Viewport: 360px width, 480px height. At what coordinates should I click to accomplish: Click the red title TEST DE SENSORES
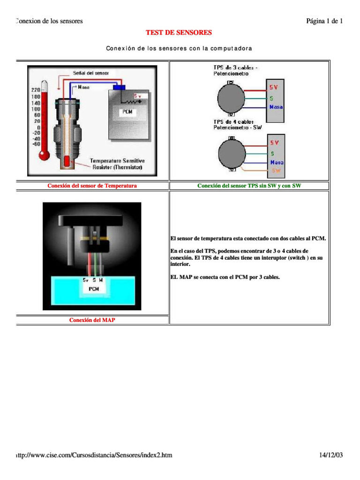tap(179, 32)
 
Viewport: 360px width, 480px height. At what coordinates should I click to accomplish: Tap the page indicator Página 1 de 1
tap(324, 21)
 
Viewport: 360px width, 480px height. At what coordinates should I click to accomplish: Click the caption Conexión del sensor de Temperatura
tap(92, 186)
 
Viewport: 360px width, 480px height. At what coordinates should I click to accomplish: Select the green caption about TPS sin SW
tap(249, 186)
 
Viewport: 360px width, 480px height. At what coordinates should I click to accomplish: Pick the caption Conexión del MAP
tap(92, 320)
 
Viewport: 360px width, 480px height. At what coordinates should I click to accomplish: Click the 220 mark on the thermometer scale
tap(36, 90)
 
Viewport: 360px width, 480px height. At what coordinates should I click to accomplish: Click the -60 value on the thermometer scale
tap(35, 144)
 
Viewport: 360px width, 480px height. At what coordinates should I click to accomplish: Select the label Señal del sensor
tap(90, 73)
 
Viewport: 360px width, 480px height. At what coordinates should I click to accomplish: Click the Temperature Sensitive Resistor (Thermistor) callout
tap(117, 164)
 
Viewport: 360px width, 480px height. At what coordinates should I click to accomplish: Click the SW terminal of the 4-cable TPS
tap(276, 171)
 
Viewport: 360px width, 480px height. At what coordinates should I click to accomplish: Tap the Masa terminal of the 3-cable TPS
tap(276, 107)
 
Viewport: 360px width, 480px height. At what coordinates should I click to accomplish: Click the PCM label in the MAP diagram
tap(93, 289)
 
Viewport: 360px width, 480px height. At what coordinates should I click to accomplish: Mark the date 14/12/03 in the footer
tap(331, 455)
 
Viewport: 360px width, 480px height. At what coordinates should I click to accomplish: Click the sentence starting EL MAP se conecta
tap(225, 277)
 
